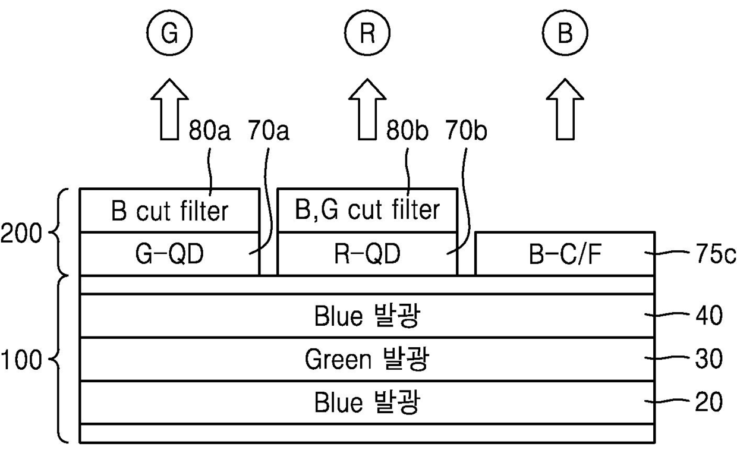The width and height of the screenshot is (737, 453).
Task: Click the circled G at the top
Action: [x=170, y=34]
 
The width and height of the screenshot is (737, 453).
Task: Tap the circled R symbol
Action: [x=367, y=34]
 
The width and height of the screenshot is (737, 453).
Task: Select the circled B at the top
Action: [x=565, y=34]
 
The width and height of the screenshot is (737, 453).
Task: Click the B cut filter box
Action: [x=169, y=210]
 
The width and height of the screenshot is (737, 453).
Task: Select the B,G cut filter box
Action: [x=367, y=210]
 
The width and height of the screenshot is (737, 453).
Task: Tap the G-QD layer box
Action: [x=169, y=254]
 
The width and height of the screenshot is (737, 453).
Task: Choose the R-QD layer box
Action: [x=367, y=254]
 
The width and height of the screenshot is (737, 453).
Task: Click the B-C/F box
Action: [x=565, y=254]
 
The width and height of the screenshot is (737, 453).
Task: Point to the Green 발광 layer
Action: [x=367, y=360]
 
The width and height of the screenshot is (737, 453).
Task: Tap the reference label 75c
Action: [x=713, y=254]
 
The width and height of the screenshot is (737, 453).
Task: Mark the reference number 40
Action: [x=708, y=316]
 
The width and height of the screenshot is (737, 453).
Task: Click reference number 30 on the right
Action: [x=708, y=360]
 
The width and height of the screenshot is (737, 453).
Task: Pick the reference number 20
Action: [x=708, y=403]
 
